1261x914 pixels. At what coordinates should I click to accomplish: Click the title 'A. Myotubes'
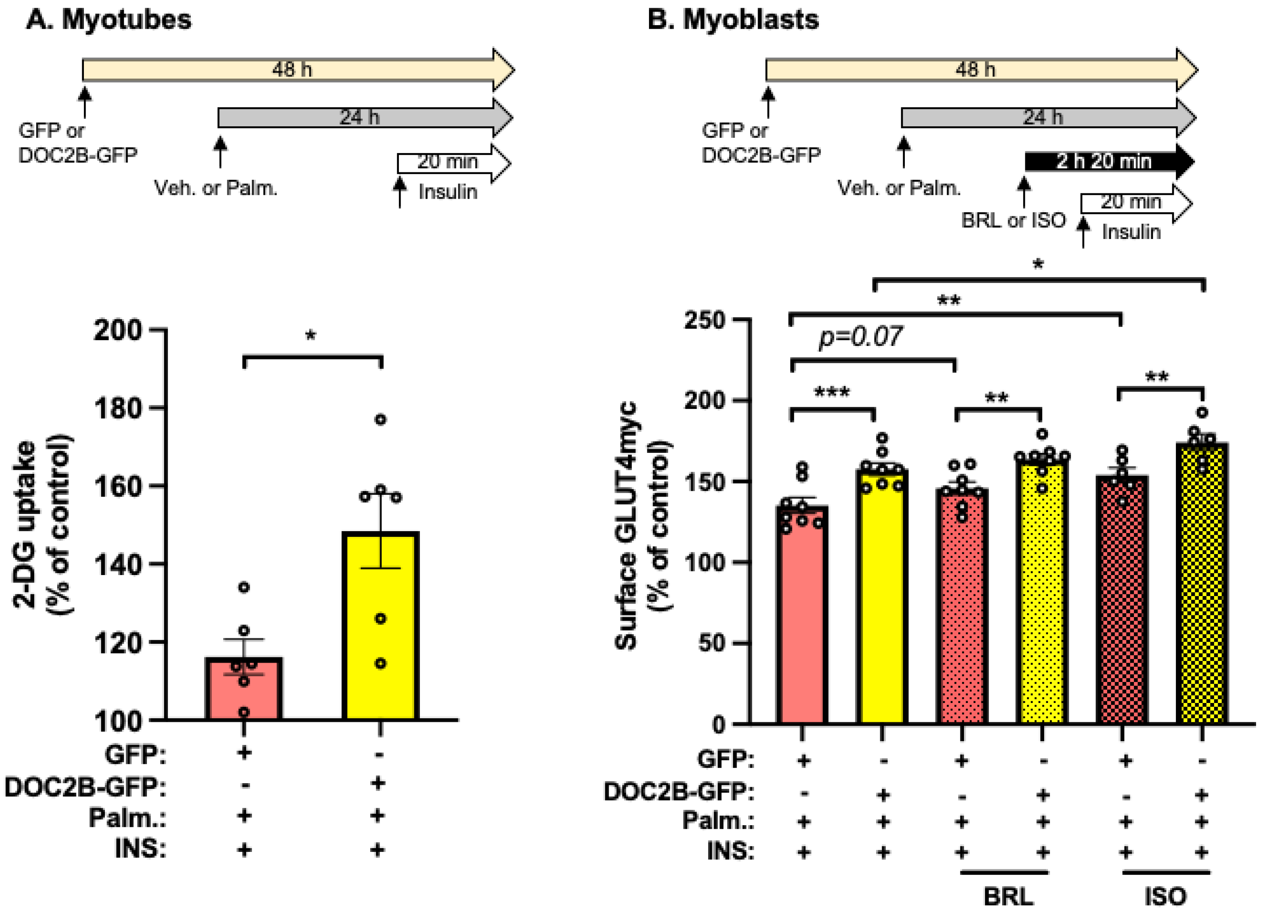pos(109,20)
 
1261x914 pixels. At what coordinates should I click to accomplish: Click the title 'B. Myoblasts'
pos(733,20)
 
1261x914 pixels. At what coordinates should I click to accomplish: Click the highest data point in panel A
pos(380,420)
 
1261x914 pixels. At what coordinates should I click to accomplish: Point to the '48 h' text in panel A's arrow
pos(292,70)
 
